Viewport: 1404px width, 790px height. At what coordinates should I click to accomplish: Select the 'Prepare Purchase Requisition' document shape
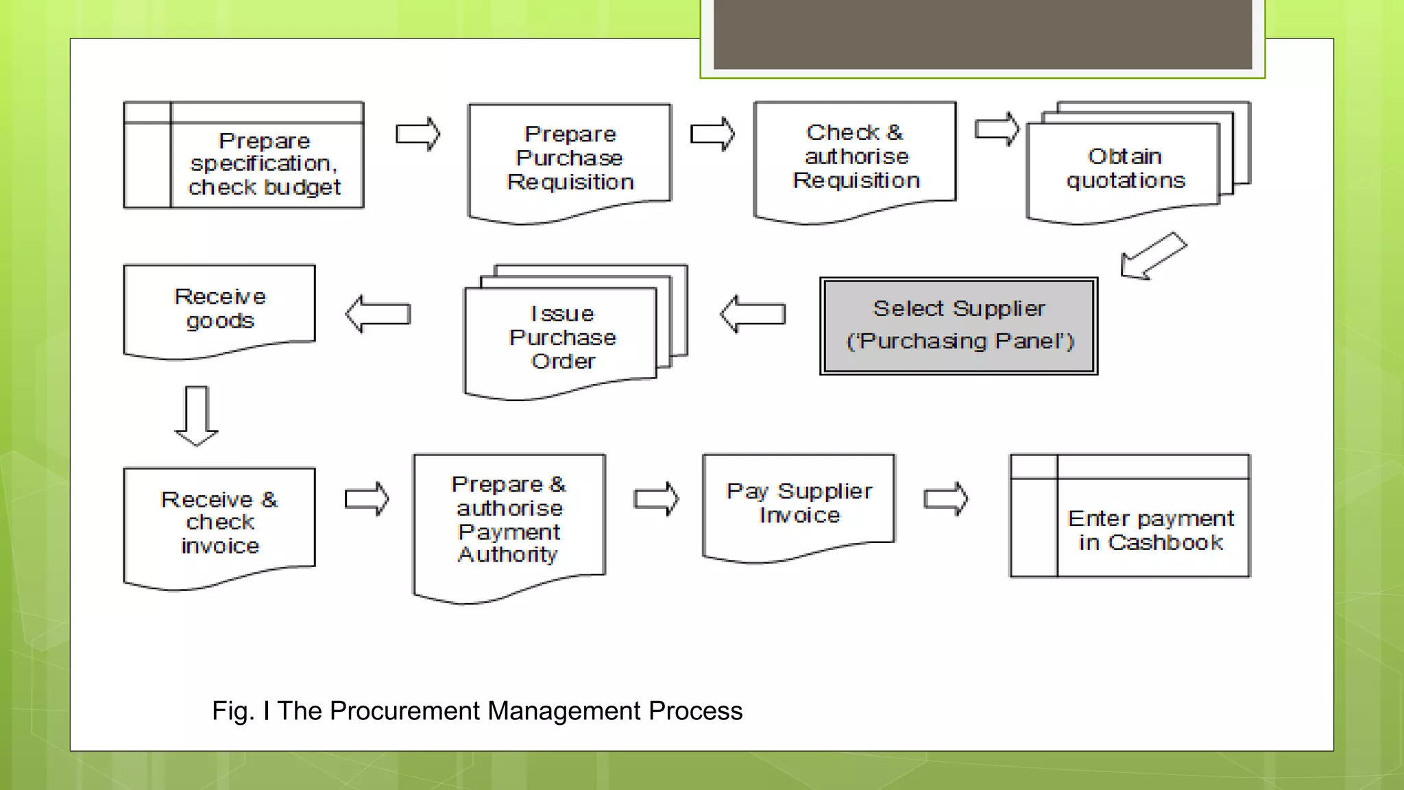pos(570,159)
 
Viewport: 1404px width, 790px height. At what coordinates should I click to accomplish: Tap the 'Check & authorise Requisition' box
pos(855,157)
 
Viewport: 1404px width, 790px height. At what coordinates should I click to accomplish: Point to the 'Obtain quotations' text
pos(1125,169)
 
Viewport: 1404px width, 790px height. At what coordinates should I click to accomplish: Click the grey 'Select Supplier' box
pos(958,326)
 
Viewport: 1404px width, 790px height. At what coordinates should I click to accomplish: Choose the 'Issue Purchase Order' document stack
pos(562,337)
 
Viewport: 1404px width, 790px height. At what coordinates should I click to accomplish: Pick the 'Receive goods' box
pos(219,309)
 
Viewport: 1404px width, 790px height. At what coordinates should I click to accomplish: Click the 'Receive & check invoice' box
pos(219,523)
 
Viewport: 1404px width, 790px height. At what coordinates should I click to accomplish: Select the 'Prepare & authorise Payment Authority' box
pos(509,520)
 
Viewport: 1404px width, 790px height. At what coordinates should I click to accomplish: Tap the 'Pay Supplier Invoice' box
pos(799,504)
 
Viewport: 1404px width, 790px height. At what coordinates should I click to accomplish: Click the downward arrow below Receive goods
pos(197,416)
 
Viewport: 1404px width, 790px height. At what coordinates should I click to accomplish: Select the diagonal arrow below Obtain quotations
pos(1153,255)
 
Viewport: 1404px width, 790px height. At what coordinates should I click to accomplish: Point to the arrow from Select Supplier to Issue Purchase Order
pos(753,314)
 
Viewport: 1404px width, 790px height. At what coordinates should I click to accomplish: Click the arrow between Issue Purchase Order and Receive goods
pos(378,314)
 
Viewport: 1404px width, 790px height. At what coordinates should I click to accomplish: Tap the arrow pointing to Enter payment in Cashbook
pos(946,499)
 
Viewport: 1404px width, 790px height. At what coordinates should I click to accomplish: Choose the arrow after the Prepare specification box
pos(418,134)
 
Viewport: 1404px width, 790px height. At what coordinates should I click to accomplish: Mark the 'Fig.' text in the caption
pos(232,711)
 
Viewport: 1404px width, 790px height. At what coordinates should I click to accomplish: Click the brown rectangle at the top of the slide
pos(982,34)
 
